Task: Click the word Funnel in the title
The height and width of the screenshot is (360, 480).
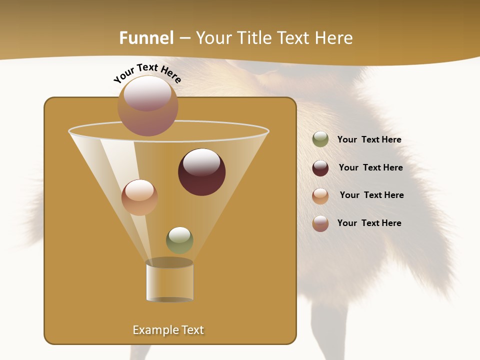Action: point(146,38)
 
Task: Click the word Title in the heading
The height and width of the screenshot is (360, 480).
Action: point(254,38)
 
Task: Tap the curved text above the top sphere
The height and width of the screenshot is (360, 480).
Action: point(147,73)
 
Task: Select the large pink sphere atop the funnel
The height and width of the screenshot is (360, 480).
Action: point(148,106)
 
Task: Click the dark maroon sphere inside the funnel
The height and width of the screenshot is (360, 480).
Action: point(202,172)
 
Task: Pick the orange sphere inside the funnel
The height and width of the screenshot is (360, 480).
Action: point(139,197)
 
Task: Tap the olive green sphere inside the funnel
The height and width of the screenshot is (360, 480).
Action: point(179,240)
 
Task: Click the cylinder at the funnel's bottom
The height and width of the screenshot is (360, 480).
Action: point(169,281)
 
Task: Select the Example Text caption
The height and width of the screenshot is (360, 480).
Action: point(168,330)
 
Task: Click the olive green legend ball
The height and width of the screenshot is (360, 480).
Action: point(320,139)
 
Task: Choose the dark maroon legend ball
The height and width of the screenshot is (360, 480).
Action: point(320,168)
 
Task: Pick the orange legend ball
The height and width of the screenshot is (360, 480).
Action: point(320,196)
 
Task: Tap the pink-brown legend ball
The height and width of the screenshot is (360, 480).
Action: point(320,223)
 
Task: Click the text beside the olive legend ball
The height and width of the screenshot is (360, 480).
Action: point(369,140)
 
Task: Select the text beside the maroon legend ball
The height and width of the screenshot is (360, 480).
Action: point(370,168)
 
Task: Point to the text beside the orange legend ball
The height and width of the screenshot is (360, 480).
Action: point(371,195)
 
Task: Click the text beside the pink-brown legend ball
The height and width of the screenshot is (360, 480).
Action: point(369,223)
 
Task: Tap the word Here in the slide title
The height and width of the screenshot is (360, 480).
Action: point(332,38)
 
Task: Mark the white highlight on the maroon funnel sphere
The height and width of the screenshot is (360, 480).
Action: point(201,162)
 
